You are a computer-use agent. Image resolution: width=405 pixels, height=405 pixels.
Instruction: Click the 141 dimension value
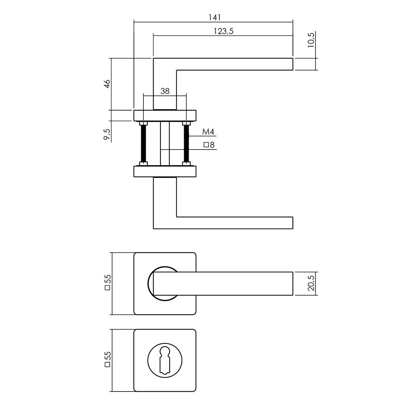215,18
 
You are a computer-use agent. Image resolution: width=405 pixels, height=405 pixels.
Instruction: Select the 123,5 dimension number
224,31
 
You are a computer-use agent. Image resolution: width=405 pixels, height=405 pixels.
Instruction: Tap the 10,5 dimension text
311,40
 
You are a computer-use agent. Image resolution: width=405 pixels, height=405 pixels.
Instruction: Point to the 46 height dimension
107,84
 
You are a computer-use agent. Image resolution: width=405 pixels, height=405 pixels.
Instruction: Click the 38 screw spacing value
165,91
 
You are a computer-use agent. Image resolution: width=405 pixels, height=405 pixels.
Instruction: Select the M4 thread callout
208,132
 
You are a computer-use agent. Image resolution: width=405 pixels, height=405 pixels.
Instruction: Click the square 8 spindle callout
209,145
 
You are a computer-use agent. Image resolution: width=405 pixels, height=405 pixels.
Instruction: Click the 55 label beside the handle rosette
107,282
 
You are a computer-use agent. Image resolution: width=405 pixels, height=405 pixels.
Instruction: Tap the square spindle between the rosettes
165,144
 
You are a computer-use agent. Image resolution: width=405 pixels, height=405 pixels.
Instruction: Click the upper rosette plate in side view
165,116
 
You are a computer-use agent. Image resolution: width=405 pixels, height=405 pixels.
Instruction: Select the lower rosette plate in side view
165,171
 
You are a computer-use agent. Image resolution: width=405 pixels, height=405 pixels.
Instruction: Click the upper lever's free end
293,64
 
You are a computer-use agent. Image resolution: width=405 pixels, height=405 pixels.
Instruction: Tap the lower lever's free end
293,223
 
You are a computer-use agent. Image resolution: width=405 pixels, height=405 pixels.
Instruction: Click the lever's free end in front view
293,283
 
